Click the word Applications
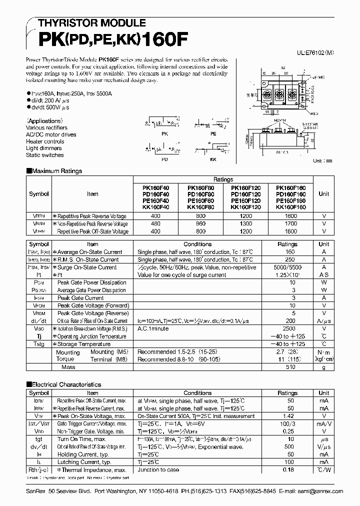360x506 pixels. pyautogui.click(x=45, y=121)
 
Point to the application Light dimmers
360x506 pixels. pyautogui.click(x=44, y=148)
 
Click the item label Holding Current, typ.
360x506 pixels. pyautogui.click(x=82, y=454)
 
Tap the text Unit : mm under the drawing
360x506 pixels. pyautogui.click(x=322, y=160)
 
